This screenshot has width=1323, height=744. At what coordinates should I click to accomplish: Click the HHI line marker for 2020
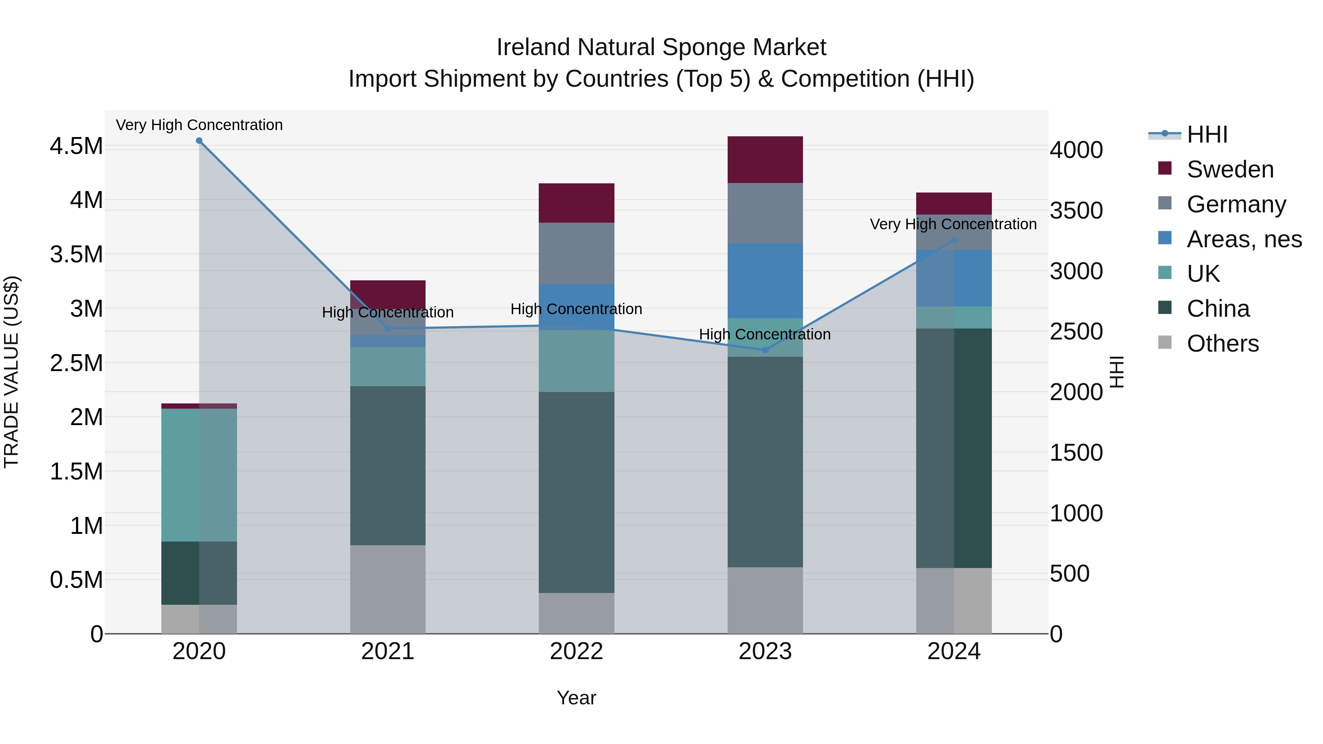click(x=199, y=141)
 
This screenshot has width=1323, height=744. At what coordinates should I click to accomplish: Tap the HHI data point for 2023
click(x=765, y=350)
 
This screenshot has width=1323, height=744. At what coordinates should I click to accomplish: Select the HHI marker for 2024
click(x=954, y=240)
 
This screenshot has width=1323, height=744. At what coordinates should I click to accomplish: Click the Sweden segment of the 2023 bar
click(x=765, y=160)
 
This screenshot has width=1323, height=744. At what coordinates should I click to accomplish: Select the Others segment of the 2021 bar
click(x=388, y=589)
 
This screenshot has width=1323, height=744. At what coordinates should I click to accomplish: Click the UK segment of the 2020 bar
click(x=199, y=475)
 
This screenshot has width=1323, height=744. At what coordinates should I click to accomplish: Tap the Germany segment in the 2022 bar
click(x=576, y=253)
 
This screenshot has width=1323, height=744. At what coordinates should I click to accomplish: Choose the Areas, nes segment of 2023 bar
click(x=765, y=280)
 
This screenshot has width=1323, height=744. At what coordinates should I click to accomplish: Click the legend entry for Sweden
click(x=1230, y=169)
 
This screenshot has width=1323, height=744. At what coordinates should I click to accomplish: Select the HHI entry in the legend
click(x=1207, y=134)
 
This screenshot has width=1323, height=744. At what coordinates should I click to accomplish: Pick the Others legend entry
click(x=1222, y=344)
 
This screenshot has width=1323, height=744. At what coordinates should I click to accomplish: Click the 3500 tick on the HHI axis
click(x=1076, y=211)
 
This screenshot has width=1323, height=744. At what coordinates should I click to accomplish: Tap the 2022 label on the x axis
click(x=576, y=651)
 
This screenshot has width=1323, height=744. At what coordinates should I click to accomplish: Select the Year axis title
click(x=576, y=698)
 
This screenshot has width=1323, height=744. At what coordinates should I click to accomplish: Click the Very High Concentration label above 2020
click(x=199, y=125)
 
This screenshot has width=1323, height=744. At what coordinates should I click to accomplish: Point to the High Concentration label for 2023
click(x=765, y=334)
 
